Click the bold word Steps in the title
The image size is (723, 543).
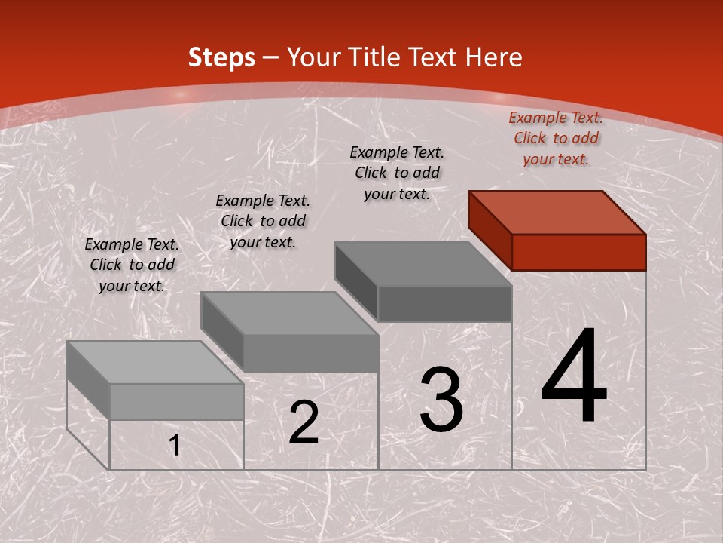(x=221, y=57)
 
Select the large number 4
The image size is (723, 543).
(x=575, y=377)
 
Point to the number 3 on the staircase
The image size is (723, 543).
(x=441, y=400)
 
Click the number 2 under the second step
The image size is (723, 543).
(x=304, y=423)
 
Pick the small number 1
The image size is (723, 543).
(x=175, y=446)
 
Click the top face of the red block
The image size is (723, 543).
(x=557, y=212)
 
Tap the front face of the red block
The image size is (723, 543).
(x=578, y=252)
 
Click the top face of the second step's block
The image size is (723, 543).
(x=289, y=313)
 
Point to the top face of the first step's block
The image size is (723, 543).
(x=155, y=362)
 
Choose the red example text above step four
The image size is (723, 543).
(x=556, y=138)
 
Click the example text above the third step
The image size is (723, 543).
(x=397, y=173)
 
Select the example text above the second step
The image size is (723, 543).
(x=263, y=221)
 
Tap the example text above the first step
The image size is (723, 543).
(x=132, y=265)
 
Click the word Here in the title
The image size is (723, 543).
(x=494, y=57)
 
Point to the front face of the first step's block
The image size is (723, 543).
(x=176, y=401)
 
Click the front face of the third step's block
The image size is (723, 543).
(x=444, y=303)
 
